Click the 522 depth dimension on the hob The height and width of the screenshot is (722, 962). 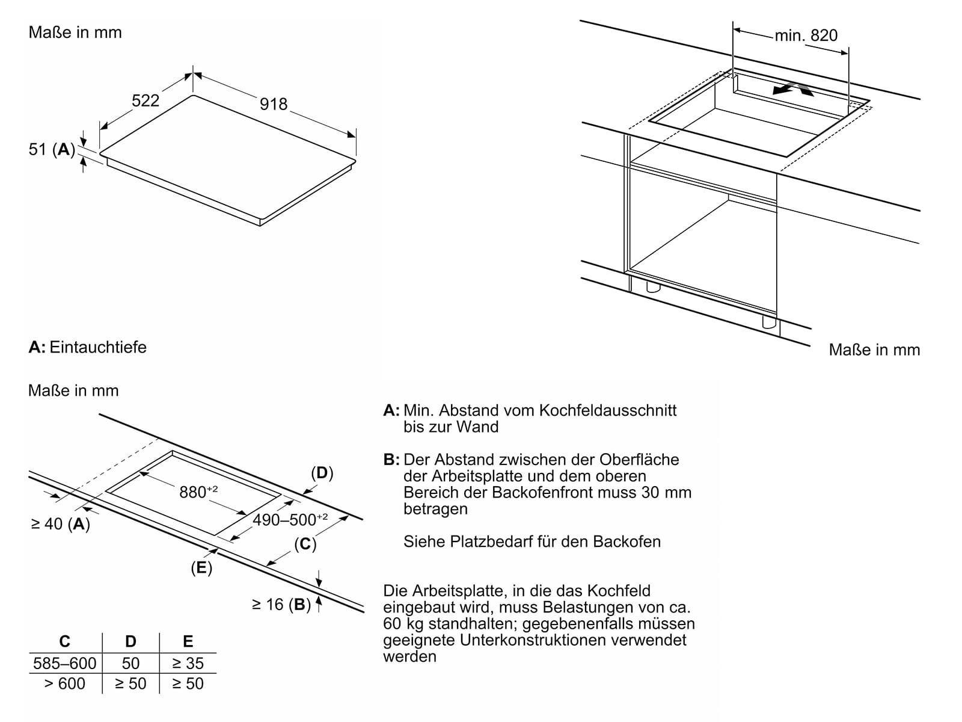146,100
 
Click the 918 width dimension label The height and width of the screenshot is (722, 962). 274,104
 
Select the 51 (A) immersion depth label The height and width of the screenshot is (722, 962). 52,149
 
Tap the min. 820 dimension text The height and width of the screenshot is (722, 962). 806,35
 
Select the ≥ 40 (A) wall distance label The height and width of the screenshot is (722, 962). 60,524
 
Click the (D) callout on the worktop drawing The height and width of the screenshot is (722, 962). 322,473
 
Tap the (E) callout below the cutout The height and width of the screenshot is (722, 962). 201,567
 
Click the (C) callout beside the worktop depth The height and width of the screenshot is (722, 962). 305,544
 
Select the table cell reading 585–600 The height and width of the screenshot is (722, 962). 65,663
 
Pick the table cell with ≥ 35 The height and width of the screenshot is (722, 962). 188,663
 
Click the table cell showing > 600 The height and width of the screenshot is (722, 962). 65,683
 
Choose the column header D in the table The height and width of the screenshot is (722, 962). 130,641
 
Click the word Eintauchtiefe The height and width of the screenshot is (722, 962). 98,347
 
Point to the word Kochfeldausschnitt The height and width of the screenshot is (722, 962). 608,410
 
